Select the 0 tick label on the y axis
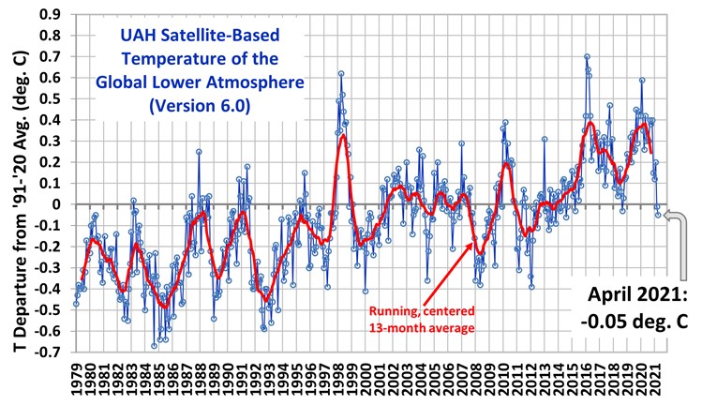(58, 204)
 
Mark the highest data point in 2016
(587, 57)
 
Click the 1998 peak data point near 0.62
(341, 73)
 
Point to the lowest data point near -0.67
(154, 346)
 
